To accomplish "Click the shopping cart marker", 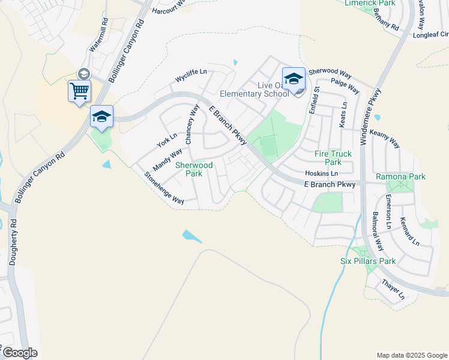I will (x=79, y=92).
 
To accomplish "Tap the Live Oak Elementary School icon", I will (x=294, y=79).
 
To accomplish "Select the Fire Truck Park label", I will (x=333, y=158).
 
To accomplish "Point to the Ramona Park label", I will (x=400, y=176).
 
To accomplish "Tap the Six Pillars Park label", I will (x=368, y=261).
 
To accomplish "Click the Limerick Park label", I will (x=370, y=3).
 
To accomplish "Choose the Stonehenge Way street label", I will (x=164, y=188).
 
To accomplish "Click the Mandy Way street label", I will (x=167, y=160).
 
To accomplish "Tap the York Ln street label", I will (x=167, y=140).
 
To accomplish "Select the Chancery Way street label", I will (x=192, y=124).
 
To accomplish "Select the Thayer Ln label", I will (x=393, y=289).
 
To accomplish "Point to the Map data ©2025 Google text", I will (x=412, y=355).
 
